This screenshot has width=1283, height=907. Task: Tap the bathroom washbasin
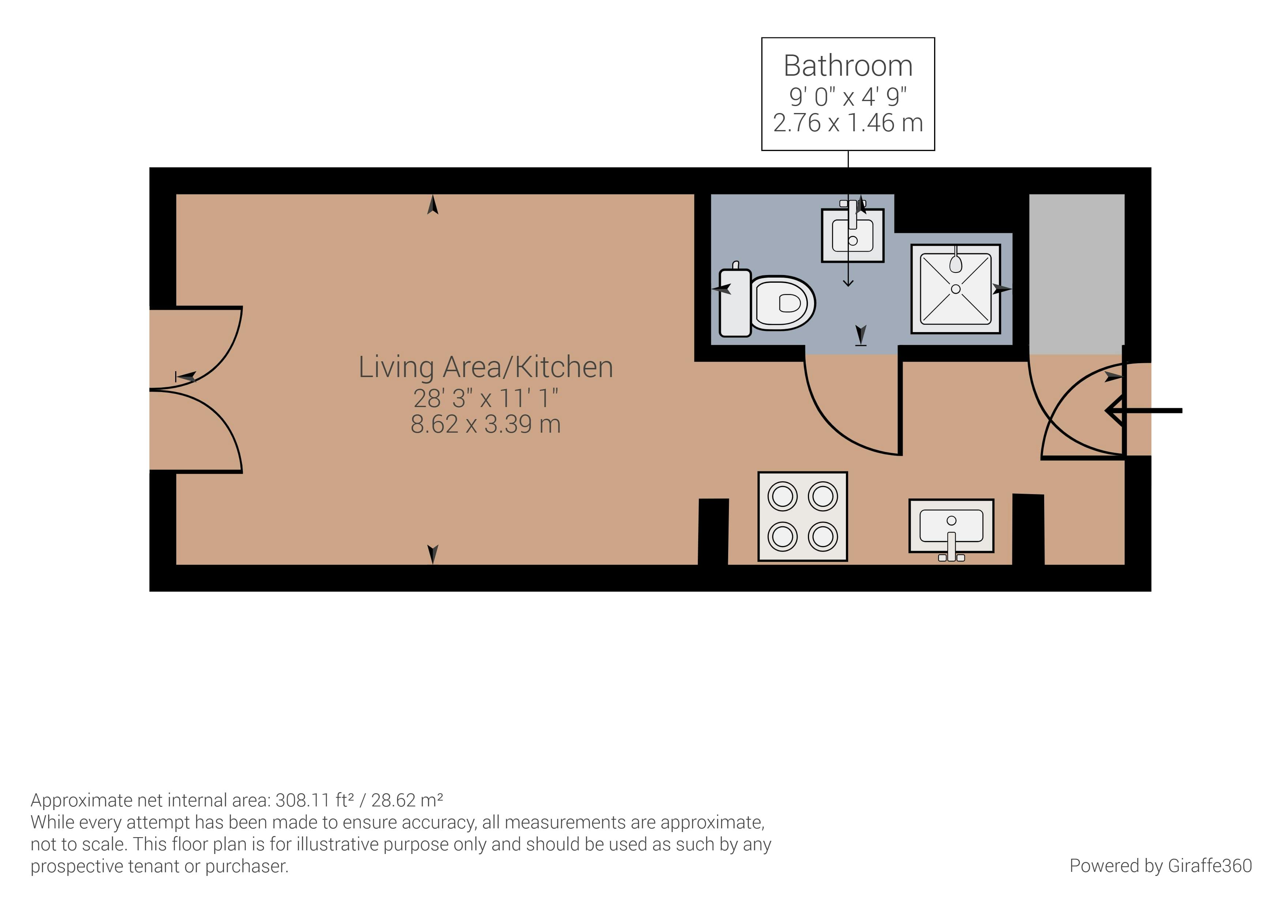(852, 235)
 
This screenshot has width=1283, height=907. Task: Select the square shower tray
(956, 289)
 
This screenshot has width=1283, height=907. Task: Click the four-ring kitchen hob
(802, 516)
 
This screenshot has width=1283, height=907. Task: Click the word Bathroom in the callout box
(848, 66)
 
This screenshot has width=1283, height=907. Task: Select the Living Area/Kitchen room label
(486, 367)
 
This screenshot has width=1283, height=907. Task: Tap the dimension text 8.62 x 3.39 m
(486, 424)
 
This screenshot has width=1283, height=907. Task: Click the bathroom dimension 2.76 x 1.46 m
(848, 123)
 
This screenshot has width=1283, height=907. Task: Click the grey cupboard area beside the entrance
(1076, 274)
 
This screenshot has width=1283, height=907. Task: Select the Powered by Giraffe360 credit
(1160, 866)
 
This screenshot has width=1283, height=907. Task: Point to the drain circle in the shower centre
(956, 289)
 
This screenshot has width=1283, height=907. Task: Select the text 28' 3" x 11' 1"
(486, 398)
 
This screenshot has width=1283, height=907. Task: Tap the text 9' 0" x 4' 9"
(848, 97)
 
